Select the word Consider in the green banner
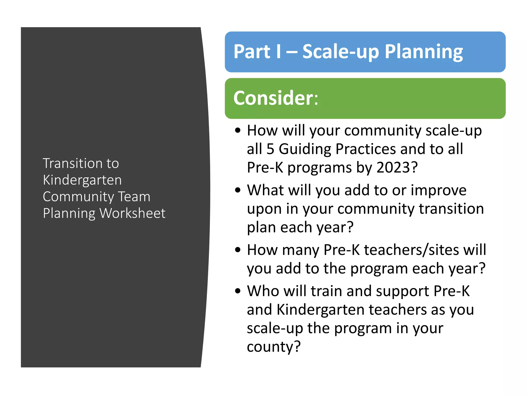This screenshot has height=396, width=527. [x=273, y=98]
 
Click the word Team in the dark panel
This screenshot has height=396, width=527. [x=134, y=197]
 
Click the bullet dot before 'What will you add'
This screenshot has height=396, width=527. [x=238, y=190]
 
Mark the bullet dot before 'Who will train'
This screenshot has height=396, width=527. [x=238, y=291]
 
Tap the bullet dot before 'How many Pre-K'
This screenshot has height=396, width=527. [x=238, y=250]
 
